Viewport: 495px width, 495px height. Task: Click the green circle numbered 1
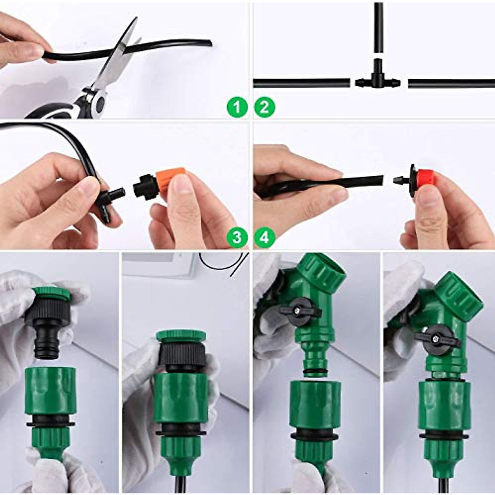(237, 108)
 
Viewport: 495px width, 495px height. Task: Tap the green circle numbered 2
(264, 108)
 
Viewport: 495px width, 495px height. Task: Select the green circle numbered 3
(237, 237)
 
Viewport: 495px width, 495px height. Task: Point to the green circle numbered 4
(264, 237)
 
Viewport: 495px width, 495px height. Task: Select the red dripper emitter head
(425, 179)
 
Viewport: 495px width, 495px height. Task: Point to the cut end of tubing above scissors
(208, 43)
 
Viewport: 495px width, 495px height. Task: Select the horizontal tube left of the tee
(301, 83)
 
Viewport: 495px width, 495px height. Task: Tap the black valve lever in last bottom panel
(437, 338)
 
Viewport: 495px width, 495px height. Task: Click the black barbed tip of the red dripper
(398, 180)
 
